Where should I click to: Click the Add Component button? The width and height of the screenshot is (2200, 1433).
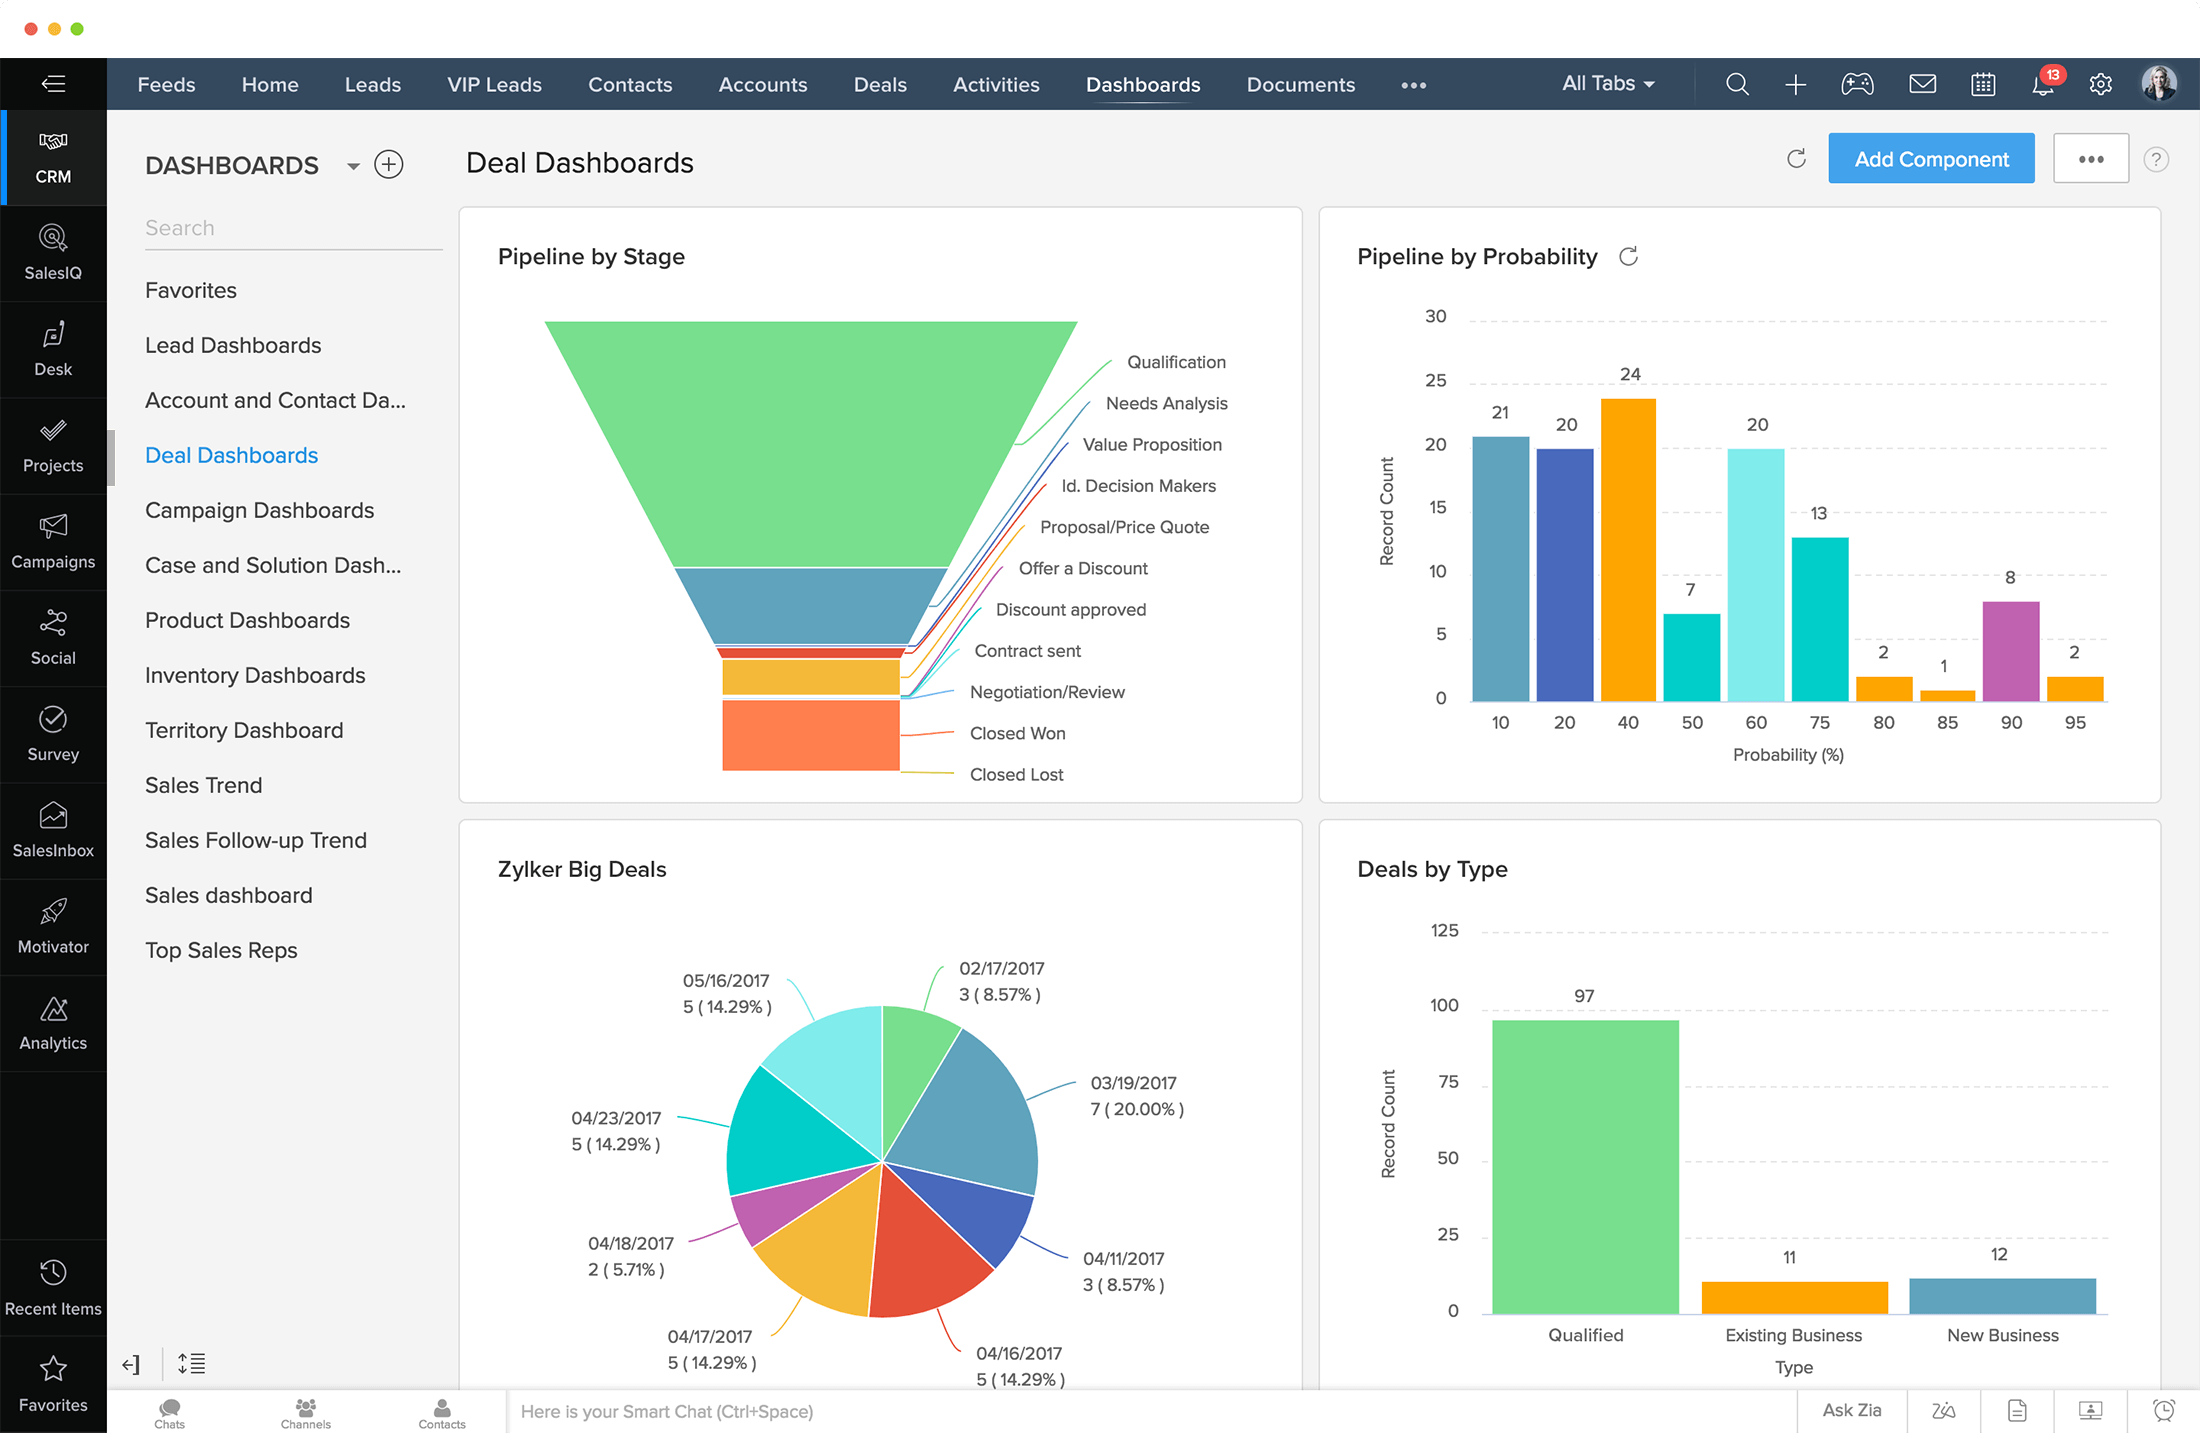click(1930, 159)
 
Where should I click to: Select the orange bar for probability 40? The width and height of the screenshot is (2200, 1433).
click(1628, 549)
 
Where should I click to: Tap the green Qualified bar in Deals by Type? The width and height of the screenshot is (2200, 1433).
click(1585, 1165)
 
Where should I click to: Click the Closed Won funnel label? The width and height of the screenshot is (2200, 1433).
click(1017, 733)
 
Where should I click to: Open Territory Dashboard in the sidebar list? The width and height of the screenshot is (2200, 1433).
click(244, 730)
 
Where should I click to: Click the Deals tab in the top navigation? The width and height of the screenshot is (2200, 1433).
click(879, 85)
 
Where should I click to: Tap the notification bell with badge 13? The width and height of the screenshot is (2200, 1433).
click(2043, 85)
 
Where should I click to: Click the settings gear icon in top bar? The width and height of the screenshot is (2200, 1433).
click(2100, 85)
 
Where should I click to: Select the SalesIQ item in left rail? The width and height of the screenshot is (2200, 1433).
click(53, 253)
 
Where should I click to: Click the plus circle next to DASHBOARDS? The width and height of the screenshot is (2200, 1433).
click(388, 164)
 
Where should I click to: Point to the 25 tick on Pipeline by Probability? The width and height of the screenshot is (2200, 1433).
click(1435, 380)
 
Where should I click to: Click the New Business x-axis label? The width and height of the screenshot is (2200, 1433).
click(2002, 1335)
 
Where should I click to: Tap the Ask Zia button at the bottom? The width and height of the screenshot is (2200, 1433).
click(1851, 1410)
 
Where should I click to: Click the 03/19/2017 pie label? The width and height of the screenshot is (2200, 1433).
click(1133, 1083)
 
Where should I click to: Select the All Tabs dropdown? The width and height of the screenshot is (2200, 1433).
click(1607, 84)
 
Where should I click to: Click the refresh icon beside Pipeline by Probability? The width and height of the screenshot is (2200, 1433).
click(1628, 257)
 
